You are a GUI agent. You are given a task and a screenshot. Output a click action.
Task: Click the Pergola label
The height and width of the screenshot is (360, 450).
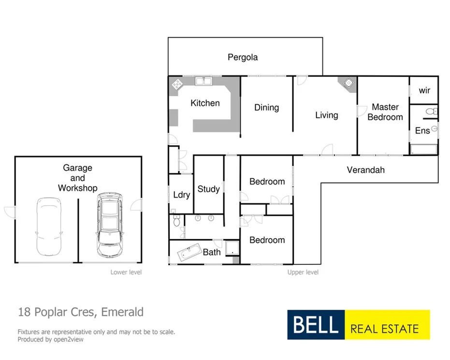(x=243, y=58)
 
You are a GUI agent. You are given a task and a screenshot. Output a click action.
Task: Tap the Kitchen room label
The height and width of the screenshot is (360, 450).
(x=205, y=103)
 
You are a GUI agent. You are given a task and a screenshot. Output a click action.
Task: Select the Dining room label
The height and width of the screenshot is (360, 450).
(x=266, y=107)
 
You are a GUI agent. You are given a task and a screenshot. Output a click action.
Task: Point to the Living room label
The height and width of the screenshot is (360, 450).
(x=326, y=115)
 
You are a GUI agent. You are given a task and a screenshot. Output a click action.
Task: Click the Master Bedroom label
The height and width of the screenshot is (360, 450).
(x=385, y=112)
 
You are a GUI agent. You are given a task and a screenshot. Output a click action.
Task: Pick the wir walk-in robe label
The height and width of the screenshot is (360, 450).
(x=424, y=90)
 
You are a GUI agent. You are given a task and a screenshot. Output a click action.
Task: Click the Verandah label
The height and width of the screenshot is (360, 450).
(x=365, y=170)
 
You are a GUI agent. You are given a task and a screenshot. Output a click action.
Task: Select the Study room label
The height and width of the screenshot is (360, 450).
(x=208, y=189)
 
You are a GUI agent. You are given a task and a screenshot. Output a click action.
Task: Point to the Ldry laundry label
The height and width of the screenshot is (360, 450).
(x=181, y=195)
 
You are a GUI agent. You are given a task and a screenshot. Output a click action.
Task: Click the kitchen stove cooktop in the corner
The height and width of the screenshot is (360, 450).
(x=177, y=84)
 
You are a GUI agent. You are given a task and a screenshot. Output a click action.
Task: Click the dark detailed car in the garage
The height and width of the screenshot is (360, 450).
(x=109, y=225)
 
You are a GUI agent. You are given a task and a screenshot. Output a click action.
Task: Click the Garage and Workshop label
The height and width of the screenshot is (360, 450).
(x=77, y=178)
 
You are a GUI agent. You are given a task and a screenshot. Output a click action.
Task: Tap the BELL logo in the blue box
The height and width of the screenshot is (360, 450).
(x=316, y=325)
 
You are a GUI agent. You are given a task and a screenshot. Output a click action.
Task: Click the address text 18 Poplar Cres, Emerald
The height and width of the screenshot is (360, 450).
(x=81, y=312)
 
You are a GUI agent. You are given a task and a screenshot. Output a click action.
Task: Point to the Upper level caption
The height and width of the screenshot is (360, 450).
(x=303, y=272)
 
